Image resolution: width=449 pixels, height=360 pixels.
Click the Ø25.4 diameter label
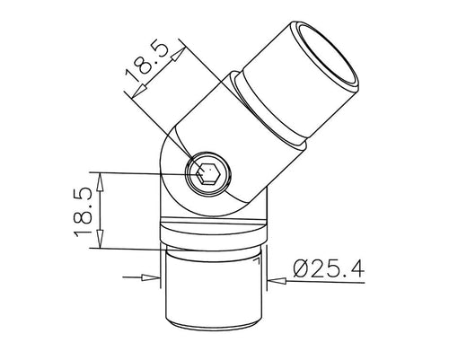pyautogui.click(x=329, y=268)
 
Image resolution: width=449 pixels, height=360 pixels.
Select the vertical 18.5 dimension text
pyautogui.click(x=83, y=212)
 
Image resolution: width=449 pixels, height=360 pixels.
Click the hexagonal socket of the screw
pyautogui.click(x=208, y=172)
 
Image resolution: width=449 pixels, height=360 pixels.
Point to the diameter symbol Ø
pyautogui.click(x=302, y=268)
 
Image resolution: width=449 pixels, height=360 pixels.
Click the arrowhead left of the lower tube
pyautogui.click(x=151, y=278)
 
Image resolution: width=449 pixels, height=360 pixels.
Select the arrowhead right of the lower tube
pyautogui.click(x=277, y=281)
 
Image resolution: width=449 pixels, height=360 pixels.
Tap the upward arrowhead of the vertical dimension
pyautogui.click(x=101, y=182)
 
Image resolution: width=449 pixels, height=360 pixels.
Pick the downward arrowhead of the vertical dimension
pyautogui.click(x=101, y=239)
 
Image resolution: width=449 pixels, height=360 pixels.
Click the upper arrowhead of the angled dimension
pyautogui.click(x=178, y=55)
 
